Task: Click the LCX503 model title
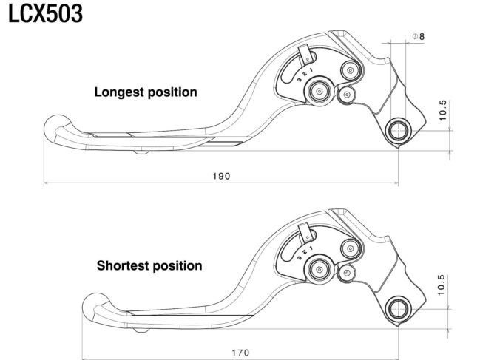[x=45, y=14]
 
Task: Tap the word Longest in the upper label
[x=119, y=92]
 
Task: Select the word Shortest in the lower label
[x=123, y=265]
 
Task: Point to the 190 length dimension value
[x=221, y=176]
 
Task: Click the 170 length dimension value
[x=240, y=353]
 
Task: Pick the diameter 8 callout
[x=418, y=37]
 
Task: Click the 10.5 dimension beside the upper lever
[x=443, y=110]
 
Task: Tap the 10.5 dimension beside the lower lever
[x=442, y=285]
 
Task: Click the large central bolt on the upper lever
[x=319, y=92]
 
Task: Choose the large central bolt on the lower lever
[x=319, y=270]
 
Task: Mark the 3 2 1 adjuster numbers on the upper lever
[x=305, y=75]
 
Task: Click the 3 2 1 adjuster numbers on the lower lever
[x=305, y=253]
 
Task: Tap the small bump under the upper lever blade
[x=141, y=152]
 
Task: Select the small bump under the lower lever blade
[x=141, y=330]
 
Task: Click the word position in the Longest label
[x=172, y=92]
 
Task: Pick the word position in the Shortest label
[x=177, y=266]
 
